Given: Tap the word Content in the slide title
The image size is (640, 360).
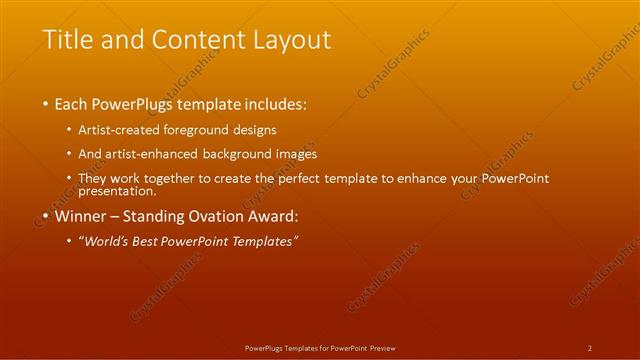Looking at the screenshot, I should [189, 40].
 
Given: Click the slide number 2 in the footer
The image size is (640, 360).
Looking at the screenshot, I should [589, 348].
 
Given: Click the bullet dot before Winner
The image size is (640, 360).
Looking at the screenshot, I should [46, 216].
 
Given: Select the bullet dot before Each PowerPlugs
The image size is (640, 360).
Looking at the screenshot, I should [46, 104].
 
